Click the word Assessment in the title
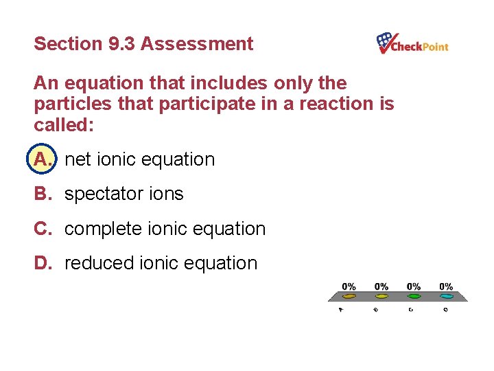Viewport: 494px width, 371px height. pyautogui.click(x=197, y=44)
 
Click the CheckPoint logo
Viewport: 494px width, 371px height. pyautogui.click(x=412, y=44)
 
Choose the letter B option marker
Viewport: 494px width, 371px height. pyautogui.click(x=43, y=194)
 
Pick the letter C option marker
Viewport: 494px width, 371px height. pyautogui.click(x=43, y=228)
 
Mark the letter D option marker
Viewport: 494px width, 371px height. pyautogui.click(x=43, y=262)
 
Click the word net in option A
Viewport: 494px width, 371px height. pyautogui.click(x=77, y=160)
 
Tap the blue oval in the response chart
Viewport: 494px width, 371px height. pyautogui.click(x=447, y=297)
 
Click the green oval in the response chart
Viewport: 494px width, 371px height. pyautogui.click(x=414, y=297)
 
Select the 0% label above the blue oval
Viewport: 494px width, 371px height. pyautogui.click(x=446, y=286)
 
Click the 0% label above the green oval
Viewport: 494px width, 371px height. pyautogui.click(x=414, y=286)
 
